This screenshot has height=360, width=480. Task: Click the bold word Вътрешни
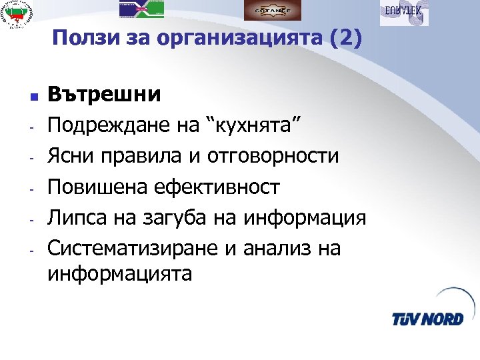[x=105, y=94]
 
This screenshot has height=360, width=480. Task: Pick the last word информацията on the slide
[x=119, y=273]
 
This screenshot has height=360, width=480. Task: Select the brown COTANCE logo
[x=272, y=10]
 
